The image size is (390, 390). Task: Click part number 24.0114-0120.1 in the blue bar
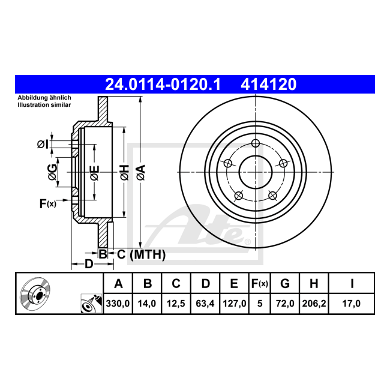coord(163,85)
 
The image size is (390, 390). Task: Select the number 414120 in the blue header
coord(269,85)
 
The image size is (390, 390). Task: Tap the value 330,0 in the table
coord(118,304)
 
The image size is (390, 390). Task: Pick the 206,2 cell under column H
coord(314,304)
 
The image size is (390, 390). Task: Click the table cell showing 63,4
coord(205,304)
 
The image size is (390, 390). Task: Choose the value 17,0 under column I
coord(352,304)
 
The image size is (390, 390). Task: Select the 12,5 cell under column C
coord(176,304)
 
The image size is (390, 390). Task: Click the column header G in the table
coord(285,284)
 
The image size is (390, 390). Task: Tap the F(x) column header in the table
coord(259,284)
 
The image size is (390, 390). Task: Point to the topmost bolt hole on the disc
coord(256,143)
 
